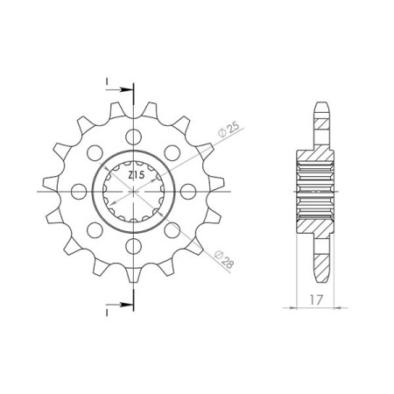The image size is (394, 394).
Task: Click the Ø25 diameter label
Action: (229, 130)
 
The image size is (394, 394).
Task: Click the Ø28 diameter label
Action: (224, 259)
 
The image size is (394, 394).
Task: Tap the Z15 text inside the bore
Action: (136, 175)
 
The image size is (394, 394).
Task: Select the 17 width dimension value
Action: (316, 299)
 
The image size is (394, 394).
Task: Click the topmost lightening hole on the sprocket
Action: (133, 137)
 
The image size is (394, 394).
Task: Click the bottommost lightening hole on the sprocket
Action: (133, 246)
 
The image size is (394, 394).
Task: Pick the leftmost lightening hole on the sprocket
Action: (79, 192)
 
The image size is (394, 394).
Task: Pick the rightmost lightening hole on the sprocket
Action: (188, 192)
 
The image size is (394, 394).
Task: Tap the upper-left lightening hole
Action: (95, 152)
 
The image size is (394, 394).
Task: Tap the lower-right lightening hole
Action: (172, 230)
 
